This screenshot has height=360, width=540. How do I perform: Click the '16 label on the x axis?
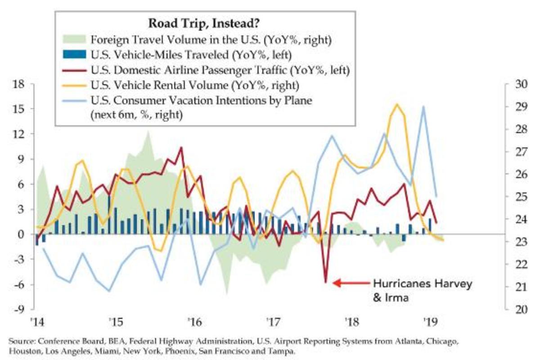[194, 322]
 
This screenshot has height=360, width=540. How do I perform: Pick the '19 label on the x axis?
[429, 322]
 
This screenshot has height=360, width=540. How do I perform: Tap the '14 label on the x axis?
[36, 322]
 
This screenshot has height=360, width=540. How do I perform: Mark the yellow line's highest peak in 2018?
[396, 104]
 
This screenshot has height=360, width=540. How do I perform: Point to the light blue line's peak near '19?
[423, 107]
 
